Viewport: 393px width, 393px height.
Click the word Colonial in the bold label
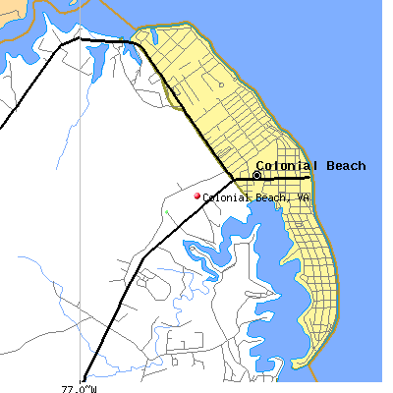(x=288, y=166)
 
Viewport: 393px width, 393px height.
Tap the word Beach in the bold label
(x=344, y=166)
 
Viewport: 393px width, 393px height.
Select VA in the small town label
(x=305, y=197)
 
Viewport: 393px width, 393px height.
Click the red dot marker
(x=196, y=196)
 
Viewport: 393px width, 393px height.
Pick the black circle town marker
(x=257, y=175)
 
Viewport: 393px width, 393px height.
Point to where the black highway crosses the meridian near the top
(x=80, y=39)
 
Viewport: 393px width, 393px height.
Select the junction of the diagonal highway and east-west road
(x=234, y=180)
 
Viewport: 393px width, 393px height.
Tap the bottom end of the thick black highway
(x=84, y=379)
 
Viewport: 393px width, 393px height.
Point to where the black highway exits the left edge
(x=2, y=126)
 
